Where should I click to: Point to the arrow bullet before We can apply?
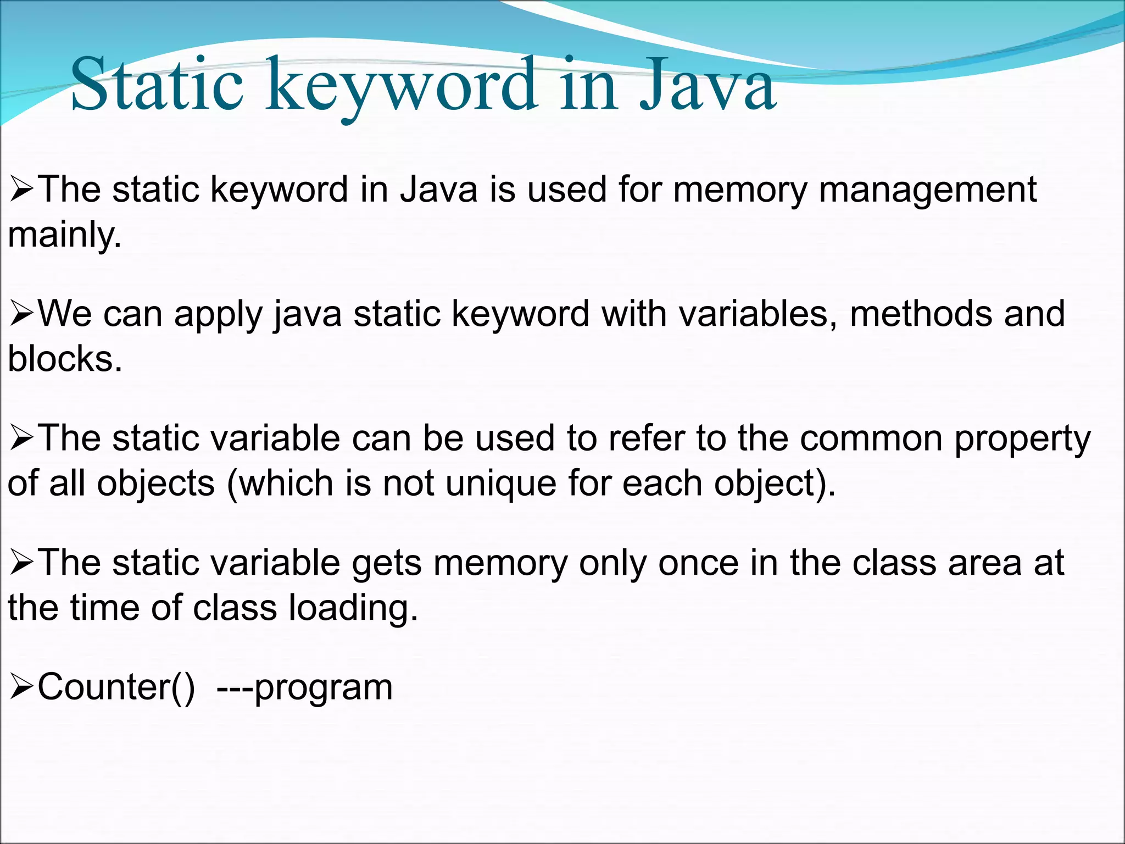coord(22,314)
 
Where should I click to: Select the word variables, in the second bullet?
coord(758,314)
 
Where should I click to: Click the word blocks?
coord(65,359)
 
